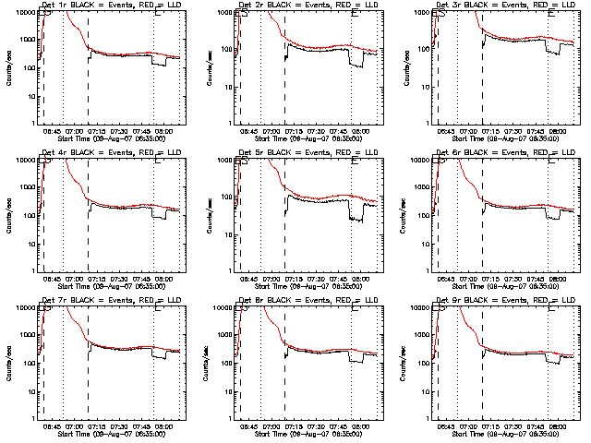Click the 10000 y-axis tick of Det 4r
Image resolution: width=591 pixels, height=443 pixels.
[24, 160]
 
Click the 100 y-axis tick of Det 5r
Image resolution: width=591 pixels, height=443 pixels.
[226, 215]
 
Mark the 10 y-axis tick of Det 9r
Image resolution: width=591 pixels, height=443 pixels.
[426, 390]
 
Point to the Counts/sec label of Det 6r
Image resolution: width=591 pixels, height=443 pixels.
[403, 214]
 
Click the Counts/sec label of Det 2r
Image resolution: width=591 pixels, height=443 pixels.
[206, 66]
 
